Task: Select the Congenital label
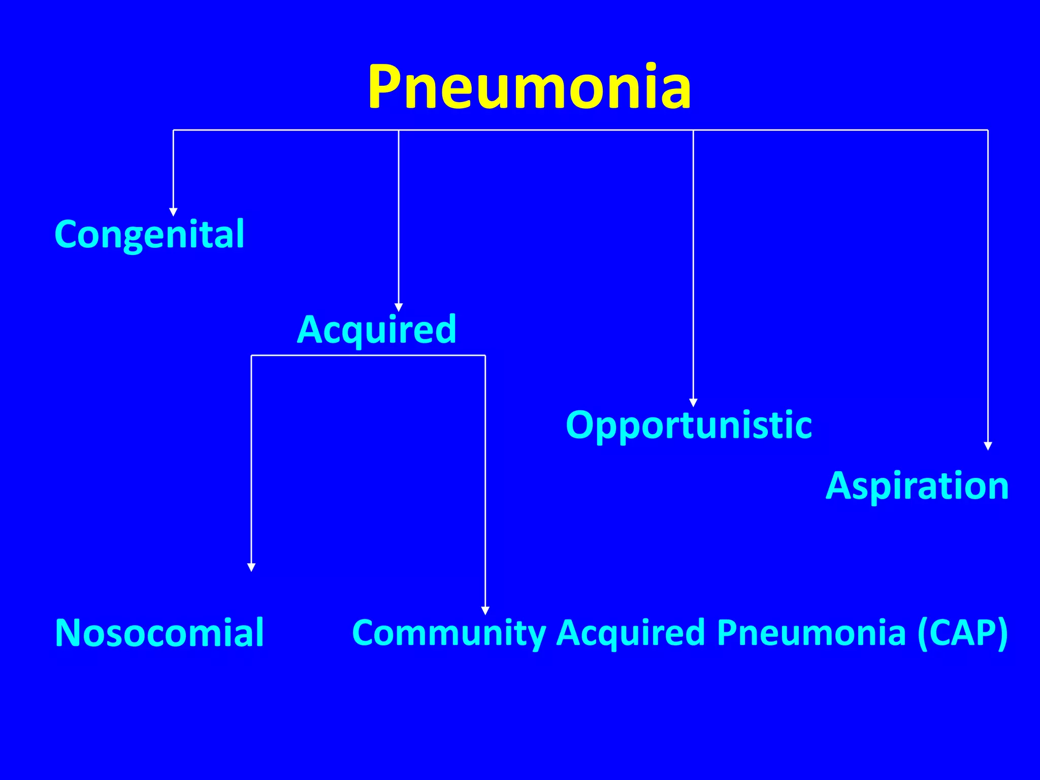tap(149, 235)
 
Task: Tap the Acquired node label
tap(376, 330)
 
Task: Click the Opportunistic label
tap(689, 425)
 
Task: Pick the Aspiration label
tap(917, 486)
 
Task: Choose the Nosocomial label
tap(159, 633)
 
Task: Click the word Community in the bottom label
tap(448, 633)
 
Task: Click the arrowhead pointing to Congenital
tap(173, 212)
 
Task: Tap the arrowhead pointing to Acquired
tap(399, 307)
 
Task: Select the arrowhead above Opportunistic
tap(693, 403)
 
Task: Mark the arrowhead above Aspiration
tap(988, 446)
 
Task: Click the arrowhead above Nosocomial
tap(251, 567)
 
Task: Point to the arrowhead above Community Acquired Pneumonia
tap(485, 610)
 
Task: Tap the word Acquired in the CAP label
tap(631, 633)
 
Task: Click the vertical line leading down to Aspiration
tap(988, 284)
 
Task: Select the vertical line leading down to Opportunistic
tap(693, 264)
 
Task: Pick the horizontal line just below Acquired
tap(368, 355)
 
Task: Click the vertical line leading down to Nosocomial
tap(251, 457)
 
